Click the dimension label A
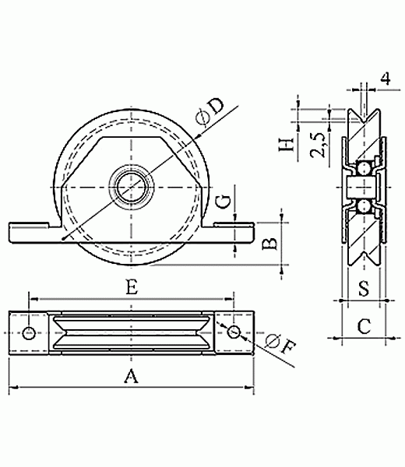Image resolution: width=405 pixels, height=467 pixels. pyautogui.click(x=131, y=376)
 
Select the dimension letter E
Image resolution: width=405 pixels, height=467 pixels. pyautogui.click(x=132, y=288)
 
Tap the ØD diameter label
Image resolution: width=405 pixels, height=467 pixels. pyautogui.click(x=210, y=111)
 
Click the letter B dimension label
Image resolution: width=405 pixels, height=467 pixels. pyautogui.click(x=269, y=244)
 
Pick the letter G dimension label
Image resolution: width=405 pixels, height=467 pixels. pyautogui.click(x=224, y=202)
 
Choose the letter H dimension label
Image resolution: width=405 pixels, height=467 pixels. pyautogui.click(x=287, y=145)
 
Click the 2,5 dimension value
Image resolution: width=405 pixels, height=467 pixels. pyautogui.click(x=318, y=145)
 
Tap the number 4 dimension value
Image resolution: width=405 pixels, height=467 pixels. pyautogui.click(x=386, y=79)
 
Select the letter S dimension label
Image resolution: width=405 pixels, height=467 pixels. pyautogui.click(x=364, y=288)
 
